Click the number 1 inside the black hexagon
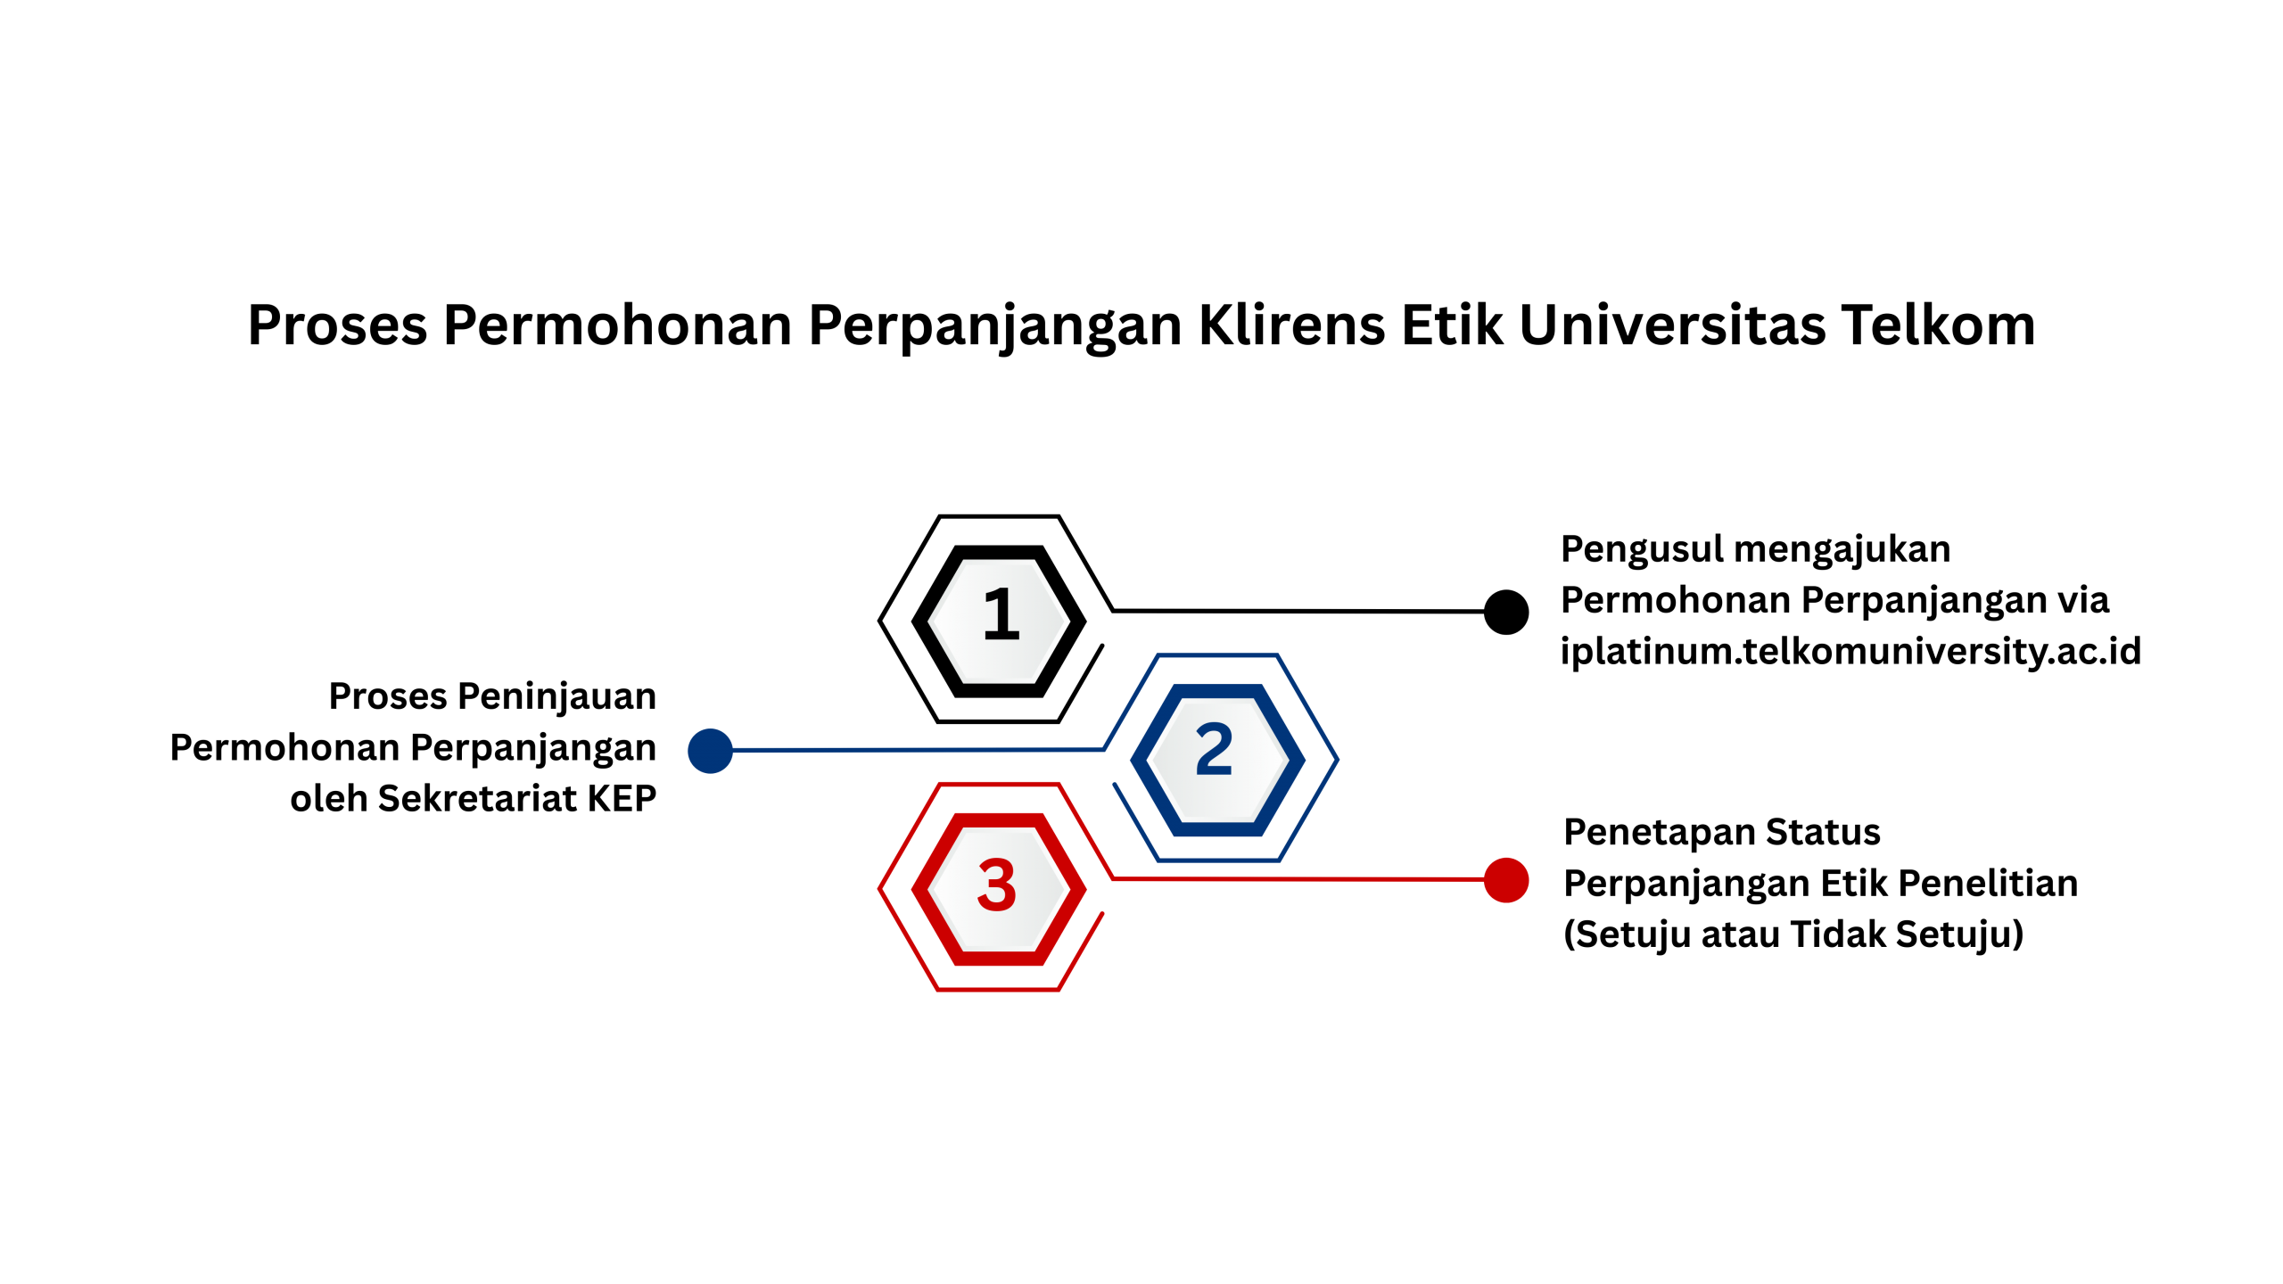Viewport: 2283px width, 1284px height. pos(1001,614)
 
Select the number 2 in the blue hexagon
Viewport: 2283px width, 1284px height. pos(1214,749)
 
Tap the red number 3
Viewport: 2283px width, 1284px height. pos(997,885)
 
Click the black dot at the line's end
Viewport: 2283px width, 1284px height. pos(1506,612)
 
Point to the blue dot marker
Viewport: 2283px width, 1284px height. pos(710,751)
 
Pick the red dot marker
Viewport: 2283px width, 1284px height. pos(1506,880)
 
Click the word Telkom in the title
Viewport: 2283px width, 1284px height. pos(1938,325)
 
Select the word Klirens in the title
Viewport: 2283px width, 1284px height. pos(1292,325)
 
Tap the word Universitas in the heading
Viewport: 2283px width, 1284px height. pos(1672,325)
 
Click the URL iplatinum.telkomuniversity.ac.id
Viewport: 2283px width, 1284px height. pos(1850,651)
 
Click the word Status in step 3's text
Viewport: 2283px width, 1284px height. pos(1823,832)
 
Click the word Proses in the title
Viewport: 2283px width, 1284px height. pos(337,325)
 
